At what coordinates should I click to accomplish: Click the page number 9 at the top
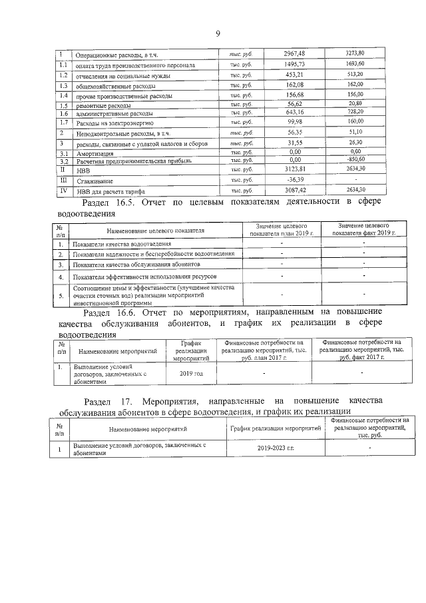[x=217, y=35]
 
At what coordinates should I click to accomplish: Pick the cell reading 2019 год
[x=191, y=373]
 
